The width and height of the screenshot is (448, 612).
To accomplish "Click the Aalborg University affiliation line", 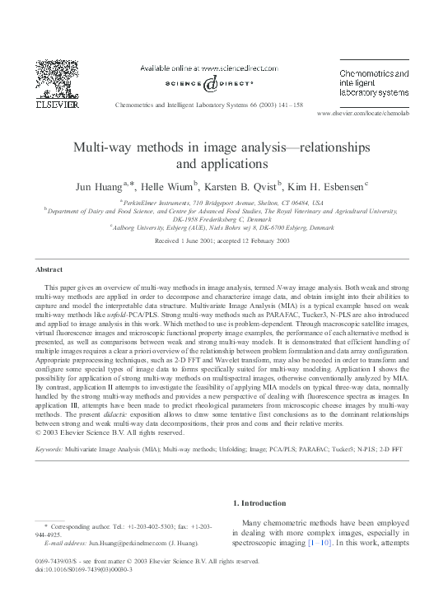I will point(225,227).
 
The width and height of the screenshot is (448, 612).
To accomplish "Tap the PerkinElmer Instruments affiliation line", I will point(225,201).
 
